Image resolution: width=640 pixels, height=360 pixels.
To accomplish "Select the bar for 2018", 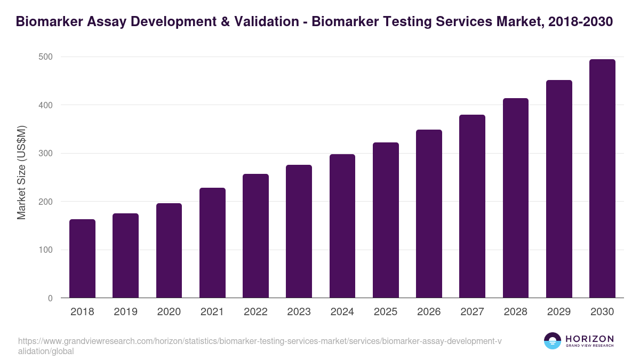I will click(x=82, y=259).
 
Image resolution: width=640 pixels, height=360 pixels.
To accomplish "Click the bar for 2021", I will click(x=212, y=243).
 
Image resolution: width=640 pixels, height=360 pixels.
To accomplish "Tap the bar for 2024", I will click(x=342, y=226).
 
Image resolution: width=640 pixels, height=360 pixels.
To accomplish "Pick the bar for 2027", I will click(x=473, y=206).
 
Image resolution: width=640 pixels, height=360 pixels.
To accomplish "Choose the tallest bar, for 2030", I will click(x=602, y=179).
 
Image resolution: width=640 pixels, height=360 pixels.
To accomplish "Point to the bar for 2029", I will click(x=559, y=189).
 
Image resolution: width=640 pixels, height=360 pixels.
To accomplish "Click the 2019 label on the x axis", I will click(x=125, y=312).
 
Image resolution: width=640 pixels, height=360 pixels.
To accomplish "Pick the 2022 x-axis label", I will click(x=255, y=312).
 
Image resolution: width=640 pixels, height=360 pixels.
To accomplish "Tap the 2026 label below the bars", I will click(x=429, y=312).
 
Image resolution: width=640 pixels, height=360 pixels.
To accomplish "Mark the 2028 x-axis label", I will click(x=516, y=312).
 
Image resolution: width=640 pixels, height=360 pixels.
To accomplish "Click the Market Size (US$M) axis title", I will click(x=21, y=172).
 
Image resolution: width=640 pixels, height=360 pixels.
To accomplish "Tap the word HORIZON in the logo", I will click(x=589, y=339).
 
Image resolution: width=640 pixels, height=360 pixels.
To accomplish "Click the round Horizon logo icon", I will click(x=553, y=341).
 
